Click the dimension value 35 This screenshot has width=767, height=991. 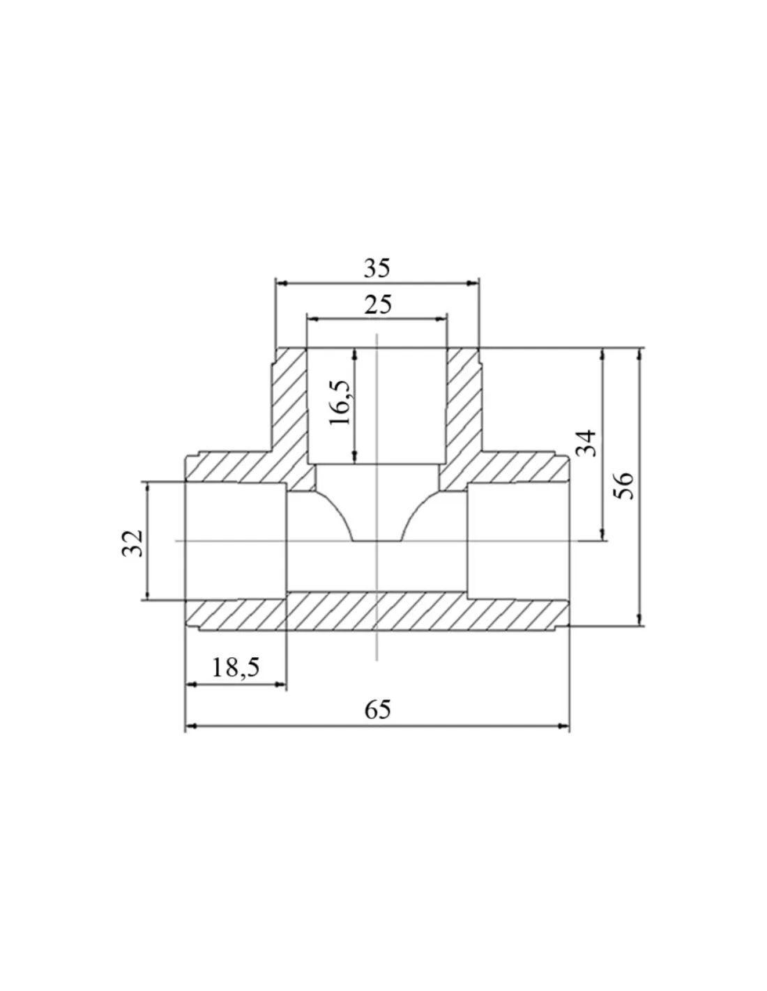point(377,268)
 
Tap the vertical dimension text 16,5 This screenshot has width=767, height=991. point(340,403)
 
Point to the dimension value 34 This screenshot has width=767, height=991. point(586,443)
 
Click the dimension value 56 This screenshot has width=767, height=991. point(624,486)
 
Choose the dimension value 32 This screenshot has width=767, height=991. point(132,543)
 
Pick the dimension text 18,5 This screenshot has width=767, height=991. point(236,668)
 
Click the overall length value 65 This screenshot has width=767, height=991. point(377,710)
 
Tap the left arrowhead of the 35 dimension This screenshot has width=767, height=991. point(282,283)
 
